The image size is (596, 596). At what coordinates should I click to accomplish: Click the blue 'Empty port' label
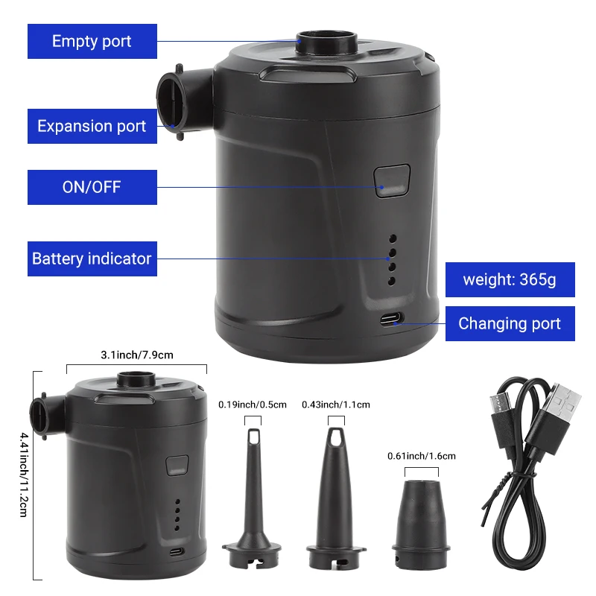[92, 41]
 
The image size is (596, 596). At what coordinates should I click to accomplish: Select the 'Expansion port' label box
[92, 126]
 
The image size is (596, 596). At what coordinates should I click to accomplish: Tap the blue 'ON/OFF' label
[92, 187]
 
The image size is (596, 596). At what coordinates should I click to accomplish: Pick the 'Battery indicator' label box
[92, 259]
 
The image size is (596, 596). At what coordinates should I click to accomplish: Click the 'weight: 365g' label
[510, 280]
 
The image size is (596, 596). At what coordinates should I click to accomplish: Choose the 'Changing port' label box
[510, 323]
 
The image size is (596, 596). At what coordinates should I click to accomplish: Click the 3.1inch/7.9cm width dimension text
[137, 355]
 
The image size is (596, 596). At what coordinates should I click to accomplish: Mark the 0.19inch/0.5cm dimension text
[252, 405]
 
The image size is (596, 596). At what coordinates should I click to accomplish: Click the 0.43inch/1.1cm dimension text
[335, 405]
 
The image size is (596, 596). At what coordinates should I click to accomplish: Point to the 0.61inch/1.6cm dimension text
[421, 456]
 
